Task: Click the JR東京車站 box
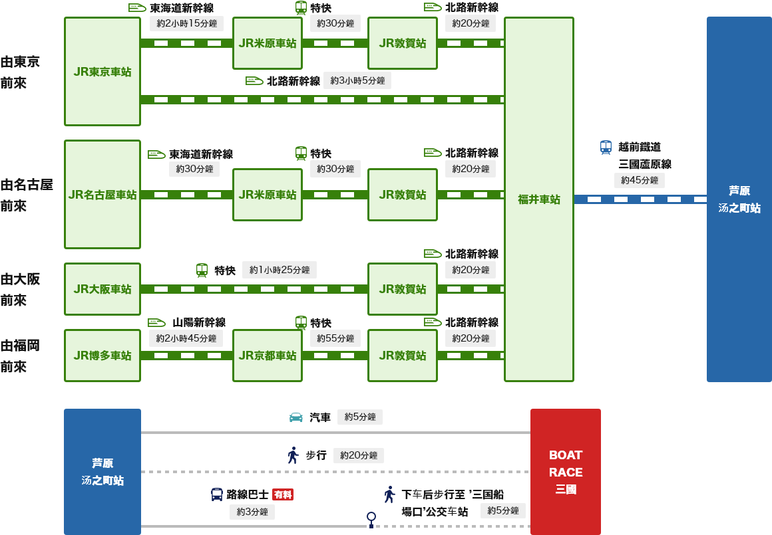click(x=102, y=72)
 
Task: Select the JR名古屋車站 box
click(x=102, y=195)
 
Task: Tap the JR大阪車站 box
click(x=102, y=289)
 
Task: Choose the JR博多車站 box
click(x=102, y=356)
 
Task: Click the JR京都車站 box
click(x=268, y=356)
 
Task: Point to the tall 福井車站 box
click(x=539, y=199)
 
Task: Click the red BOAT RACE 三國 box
click(x=566, y=472)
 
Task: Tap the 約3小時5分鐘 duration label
click(x=357, y=80)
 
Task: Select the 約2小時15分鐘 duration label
click(x=186, y=23)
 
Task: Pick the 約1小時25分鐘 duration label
click(x=280, y=270)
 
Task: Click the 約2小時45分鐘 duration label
click(x=186, y=338)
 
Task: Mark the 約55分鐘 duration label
click(x=335, y=338)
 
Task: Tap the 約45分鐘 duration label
click(x=640, y=180)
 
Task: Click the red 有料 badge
click(x=283, y=494)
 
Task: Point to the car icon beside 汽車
click(x=296, y=417)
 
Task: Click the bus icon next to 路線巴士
click(x=217, y=494)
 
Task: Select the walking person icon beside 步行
click(x=293, y=455)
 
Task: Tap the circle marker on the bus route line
click(x=371, y=516)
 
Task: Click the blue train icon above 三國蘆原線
click(x=606, y=147)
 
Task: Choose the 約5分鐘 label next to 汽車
click(x=360, y=417)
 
